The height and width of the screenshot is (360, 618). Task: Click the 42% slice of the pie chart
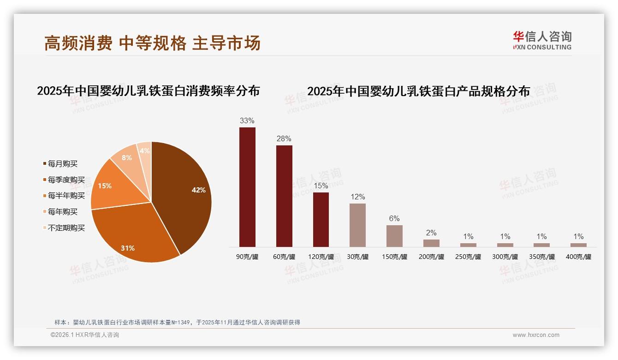click(x=184, y=194)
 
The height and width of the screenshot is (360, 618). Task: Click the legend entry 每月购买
click(x=62, y=164)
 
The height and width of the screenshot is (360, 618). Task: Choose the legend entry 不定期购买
click(x=66, y=228)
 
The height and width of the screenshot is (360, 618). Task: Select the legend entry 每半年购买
click(x=66, y=196)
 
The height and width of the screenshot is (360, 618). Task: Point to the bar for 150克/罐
click(x=394, y=236)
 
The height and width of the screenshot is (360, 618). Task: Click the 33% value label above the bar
click(x=247, y=121)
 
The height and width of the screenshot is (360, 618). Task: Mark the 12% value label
click(x=357, y=197)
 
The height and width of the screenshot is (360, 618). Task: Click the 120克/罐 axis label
click(x=321, y=257)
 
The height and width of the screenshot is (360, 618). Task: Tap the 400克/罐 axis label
click(x=578, y=257)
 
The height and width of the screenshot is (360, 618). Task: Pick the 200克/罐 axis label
click(x=431, y=257)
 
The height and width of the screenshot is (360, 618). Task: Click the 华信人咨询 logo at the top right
click(x=542, y=40)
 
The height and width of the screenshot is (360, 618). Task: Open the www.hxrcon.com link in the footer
click(x=536, y=335)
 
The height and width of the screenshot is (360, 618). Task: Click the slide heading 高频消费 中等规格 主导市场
click(x=153, y=43)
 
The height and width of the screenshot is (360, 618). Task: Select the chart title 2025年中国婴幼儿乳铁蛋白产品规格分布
click(x=418, y=91)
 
